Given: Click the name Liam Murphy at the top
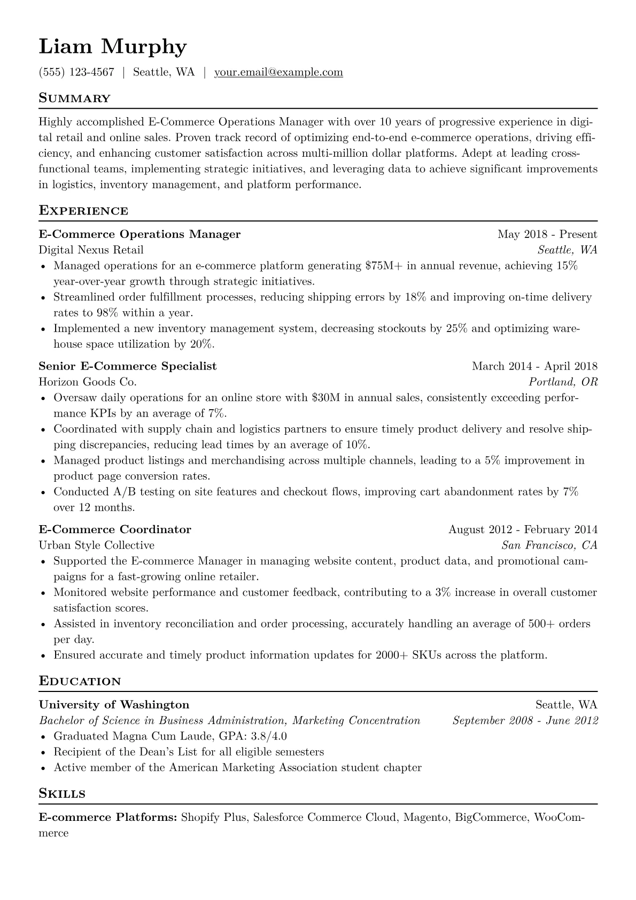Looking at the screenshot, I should tap(113, 47).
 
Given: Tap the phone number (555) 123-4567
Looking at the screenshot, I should tap(76, 72).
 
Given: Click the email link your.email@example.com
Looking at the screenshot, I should tap(278, 72).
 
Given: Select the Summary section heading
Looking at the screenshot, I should tap(74, 98).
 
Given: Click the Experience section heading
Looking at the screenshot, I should tap(83, 211).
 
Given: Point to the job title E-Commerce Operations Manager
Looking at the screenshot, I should tap(139, 234).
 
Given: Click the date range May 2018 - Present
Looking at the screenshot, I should tap(547, 234).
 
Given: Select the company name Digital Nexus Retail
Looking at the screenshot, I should tap(91, 250).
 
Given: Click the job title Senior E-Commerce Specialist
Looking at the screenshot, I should tap(128, 366).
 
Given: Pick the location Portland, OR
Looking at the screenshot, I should tap(563, 382).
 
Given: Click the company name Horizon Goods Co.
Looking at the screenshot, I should tap(88, 382).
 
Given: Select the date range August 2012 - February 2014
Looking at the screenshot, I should tap(523, 530).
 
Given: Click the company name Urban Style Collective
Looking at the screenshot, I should tap(97, 545).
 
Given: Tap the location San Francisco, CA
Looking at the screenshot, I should tap(549, 545).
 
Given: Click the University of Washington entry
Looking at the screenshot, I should tap(114, 705).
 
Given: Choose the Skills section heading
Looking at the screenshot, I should tap(62, 794).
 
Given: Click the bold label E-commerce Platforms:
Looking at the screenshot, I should tap(108, 818).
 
